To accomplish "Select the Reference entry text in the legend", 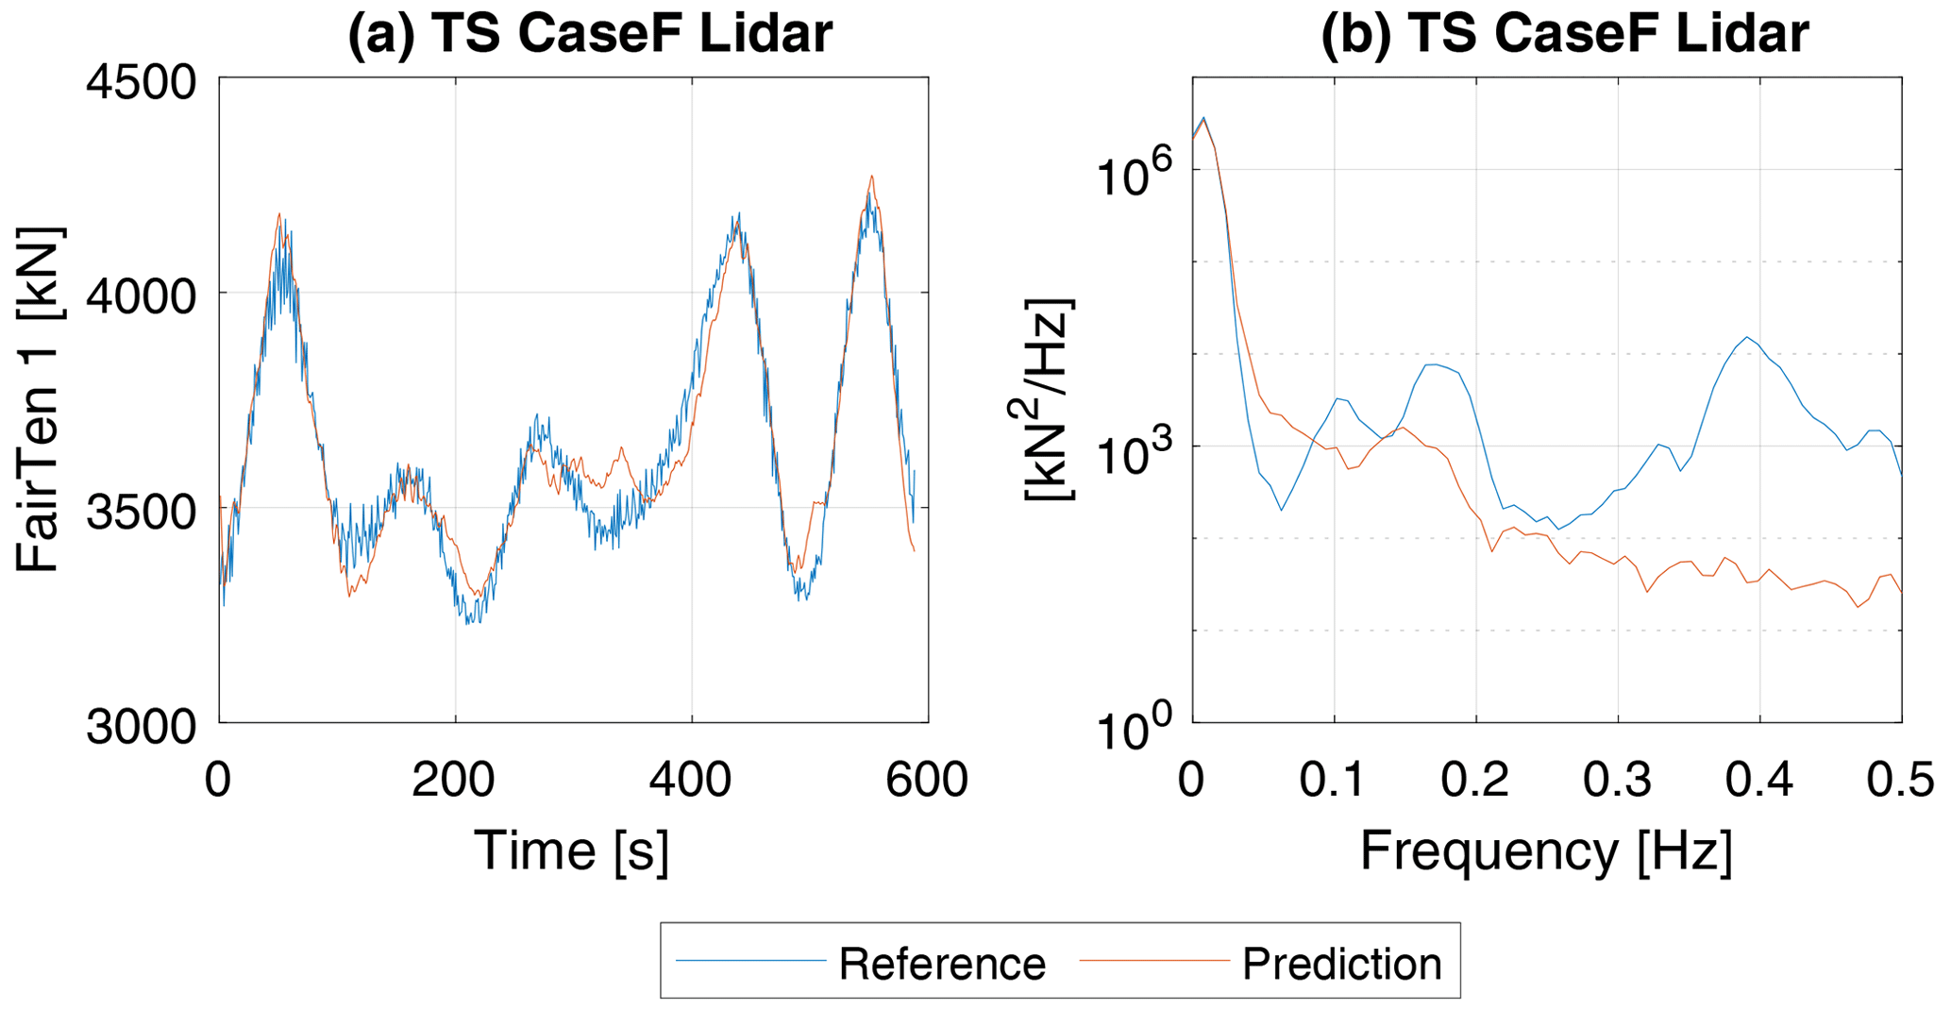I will click(942, 964).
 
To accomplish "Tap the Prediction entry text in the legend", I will click(1341, 964).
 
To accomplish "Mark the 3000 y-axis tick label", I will click(142, 728).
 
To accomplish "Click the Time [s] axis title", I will click(572, 850).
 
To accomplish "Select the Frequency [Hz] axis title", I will click(1546, 850).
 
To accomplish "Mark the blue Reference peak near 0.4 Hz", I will click(1747, 337).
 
